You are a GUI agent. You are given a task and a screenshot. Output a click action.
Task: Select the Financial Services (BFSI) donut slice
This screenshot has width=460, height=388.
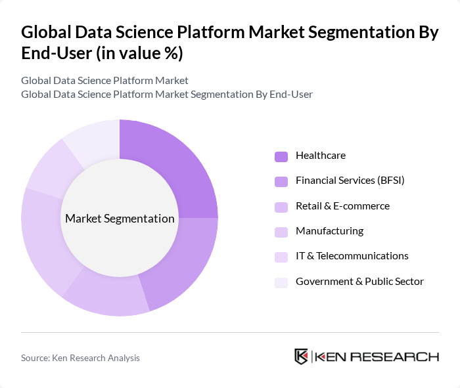click(x=184, y=263)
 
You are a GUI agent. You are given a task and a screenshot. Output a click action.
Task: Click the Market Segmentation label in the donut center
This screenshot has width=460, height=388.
click(x=120, y=219)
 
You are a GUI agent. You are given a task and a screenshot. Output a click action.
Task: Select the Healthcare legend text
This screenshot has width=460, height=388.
click(x=320, y=156)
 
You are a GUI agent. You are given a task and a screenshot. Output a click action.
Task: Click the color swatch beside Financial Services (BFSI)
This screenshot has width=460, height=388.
click(x=281, y=181)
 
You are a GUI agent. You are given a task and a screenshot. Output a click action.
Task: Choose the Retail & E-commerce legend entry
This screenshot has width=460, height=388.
click(x=342, y=206)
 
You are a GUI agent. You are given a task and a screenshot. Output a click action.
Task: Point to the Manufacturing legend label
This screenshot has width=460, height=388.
click(x=329, y=231)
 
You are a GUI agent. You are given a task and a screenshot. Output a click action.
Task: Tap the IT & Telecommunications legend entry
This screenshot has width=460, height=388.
click(x=352, y=256)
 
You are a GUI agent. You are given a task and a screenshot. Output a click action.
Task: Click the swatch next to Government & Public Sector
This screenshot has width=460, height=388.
click(x=281, y=282)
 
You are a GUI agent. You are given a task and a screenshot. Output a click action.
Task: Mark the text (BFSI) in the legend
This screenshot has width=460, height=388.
click(x=390, y=181)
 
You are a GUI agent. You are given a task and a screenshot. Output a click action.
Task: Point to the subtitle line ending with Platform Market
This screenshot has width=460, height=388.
click(x=104, y=80)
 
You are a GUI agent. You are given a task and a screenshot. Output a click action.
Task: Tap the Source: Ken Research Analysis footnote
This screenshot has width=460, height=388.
click(x=80, y=358)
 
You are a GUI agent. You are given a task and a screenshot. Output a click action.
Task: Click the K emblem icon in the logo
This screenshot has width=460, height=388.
click(x=301, y=356)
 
